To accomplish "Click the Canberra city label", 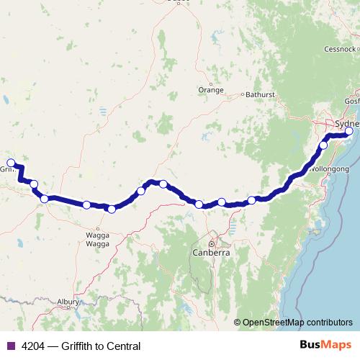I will pos(211,253).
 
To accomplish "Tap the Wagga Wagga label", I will pos(96,240).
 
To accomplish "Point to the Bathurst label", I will pos(260,94).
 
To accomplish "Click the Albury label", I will pos(69,302).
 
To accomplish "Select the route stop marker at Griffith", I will pos(11,163).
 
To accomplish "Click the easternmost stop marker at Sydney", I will pos(349,131).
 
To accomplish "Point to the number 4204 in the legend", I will pos(31,346).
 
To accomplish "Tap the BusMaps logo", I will pos(323,346).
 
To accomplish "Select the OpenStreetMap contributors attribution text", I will pos(297,323).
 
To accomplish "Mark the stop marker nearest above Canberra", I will pos(199,204).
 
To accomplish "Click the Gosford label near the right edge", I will pos(352,102).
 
